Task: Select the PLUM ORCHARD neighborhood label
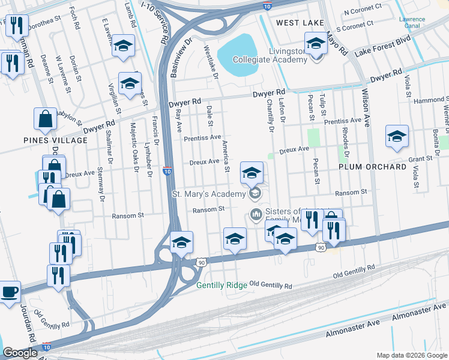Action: [372, 167]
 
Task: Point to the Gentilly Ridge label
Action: [221, 285]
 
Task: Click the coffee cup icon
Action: [9, 292]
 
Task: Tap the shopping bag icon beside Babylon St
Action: [46, 121]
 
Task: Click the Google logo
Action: [20, 353]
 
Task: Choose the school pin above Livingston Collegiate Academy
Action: [315, 44]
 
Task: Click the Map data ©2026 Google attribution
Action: [411, 355]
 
